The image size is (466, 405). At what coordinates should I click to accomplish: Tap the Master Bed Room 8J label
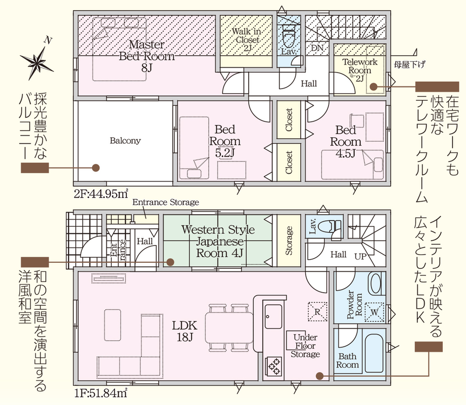(147, 56)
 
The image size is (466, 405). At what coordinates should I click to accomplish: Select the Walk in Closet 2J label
(246, 39)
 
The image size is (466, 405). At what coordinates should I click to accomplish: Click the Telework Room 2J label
(359, 70)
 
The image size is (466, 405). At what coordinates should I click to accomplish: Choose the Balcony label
(125, 140)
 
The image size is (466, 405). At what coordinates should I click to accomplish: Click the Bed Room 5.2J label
(225, 141)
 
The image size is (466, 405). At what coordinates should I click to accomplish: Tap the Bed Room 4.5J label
(346, 141)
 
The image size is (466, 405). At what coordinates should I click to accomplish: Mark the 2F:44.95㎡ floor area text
(101, 194)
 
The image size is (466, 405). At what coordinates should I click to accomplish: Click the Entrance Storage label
(166, 202)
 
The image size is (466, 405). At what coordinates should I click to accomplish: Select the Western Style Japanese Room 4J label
(218, 241)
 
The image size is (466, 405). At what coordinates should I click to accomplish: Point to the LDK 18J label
(184, 331)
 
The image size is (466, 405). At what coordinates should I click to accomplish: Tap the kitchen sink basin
(273, 316)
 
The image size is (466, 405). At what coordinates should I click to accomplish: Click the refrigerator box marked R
(317, 312)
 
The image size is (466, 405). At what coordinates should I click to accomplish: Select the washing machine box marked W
(375, 312)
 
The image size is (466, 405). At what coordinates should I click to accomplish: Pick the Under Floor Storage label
(305, 345)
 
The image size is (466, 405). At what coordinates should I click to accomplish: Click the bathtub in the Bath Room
(375, 353)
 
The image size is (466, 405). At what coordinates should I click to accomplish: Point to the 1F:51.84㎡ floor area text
(101, 393)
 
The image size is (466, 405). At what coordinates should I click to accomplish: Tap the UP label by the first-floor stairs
(360, 256)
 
